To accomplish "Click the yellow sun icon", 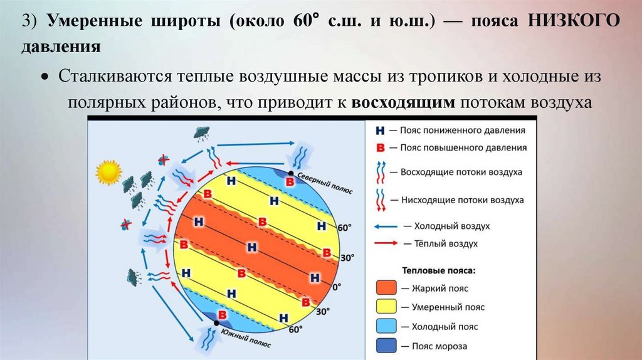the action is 107,172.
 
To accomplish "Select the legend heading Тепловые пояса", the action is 437,270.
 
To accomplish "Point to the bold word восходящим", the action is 403,103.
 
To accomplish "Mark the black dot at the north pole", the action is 291,172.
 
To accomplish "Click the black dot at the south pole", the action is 216,323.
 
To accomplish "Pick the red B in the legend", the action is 379,149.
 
